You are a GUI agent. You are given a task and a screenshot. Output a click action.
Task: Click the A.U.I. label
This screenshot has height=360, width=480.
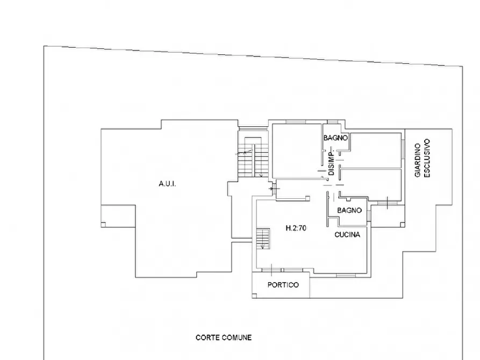coord(168,184)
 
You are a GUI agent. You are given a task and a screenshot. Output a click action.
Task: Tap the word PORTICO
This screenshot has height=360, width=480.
coord(283,285)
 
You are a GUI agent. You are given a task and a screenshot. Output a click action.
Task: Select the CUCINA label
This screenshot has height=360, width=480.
coord(347,235)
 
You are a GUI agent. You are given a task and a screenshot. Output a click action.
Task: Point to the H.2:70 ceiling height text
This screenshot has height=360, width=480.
coord(296,228)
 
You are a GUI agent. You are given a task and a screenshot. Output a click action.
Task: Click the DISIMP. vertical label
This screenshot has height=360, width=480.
coord(331,162)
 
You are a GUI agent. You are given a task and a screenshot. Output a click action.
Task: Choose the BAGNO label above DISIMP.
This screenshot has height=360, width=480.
coord(336,138)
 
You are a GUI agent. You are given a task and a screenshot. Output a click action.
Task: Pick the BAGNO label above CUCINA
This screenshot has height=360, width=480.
coord(349,210)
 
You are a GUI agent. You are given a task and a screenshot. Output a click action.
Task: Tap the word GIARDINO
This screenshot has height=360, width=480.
coord(418,160)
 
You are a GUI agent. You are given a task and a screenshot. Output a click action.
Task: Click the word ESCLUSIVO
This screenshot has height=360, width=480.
coord(427,158)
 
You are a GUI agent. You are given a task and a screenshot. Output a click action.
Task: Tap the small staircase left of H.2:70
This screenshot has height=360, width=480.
coord(263,239)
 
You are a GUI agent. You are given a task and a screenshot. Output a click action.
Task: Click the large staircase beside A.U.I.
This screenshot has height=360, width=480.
coord(253,157)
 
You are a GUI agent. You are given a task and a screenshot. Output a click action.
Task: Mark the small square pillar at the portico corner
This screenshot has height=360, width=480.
coord(254,296)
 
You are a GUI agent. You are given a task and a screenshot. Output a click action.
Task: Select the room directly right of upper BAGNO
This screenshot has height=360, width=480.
coord(376,150)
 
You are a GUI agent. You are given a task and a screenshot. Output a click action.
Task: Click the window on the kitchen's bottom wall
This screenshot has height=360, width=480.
coord(346,276)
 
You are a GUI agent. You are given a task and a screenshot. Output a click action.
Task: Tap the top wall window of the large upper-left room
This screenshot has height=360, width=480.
coord(296,122)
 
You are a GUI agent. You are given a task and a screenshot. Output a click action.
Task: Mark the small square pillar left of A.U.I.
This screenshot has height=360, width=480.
coord(103,225)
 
